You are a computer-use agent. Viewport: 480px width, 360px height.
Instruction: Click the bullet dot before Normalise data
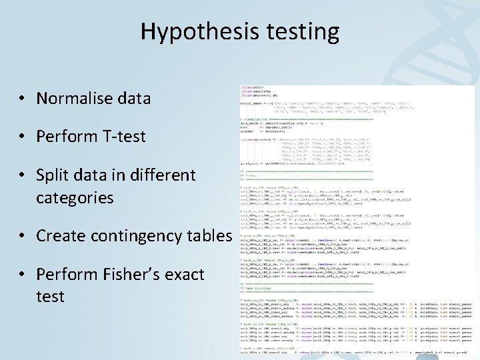click(23, 99)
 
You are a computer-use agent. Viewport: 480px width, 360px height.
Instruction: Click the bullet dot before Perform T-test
click(23, 138)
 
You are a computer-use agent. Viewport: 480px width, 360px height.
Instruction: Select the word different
click(154, 176)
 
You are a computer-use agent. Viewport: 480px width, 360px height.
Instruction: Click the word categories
click(75, 198)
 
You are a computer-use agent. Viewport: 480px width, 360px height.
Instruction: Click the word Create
click(60, 236)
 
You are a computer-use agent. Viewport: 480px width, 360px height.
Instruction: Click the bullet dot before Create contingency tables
click(23, 237)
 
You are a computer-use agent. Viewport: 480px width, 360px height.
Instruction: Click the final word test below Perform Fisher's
click(51, 296)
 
